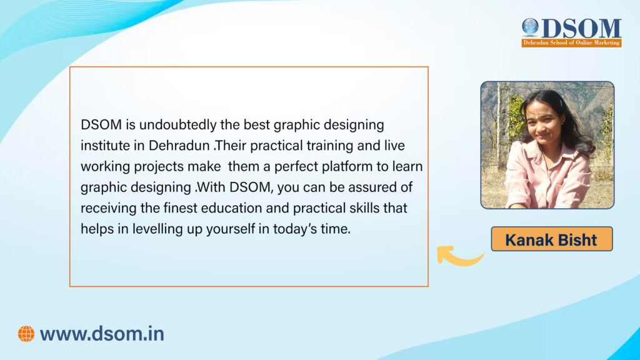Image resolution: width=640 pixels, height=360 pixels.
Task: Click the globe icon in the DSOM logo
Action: pyautogui.click(x=530, y=26)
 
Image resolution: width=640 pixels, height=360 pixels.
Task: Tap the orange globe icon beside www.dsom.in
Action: pyautogui.click(x=26, y=334)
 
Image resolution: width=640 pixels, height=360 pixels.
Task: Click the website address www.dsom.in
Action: pyautogui.click(x=102, y=334)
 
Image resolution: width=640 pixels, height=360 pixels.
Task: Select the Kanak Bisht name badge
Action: pyautogui.click(x=551, y=239)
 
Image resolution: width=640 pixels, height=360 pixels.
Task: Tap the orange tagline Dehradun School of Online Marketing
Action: pyautogui.click(x=571, y=42)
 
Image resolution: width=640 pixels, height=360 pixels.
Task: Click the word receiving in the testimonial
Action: pyautogui.click(x=106, y=207)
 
